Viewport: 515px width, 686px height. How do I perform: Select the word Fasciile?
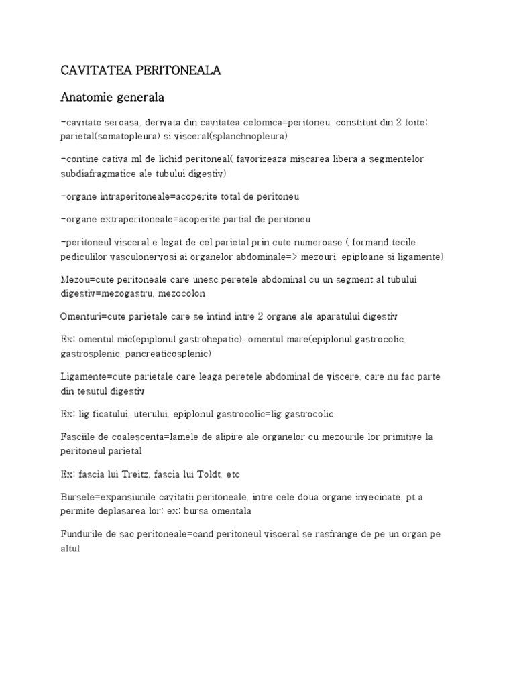[x=78, y=437]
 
